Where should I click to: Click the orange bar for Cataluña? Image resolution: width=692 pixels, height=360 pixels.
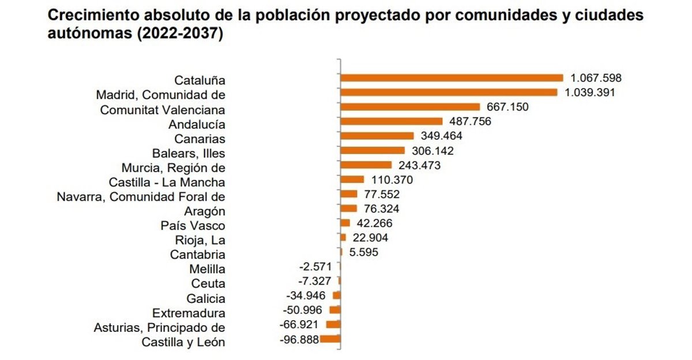[452, 78]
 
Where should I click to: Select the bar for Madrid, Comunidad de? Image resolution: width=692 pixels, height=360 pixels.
[449, 92]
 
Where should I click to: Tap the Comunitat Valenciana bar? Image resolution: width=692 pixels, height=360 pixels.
[410, 107]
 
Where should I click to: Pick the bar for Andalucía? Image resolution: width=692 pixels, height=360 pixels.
[392, 121]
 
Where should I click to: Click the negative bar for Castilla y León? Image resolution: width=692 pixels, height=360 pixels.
[330, 339]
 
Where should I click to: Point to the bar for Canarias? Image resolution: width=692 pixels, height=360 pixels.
[377, 136]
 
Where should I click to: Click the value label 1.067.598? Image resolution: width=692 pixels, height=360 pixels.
[596, 78]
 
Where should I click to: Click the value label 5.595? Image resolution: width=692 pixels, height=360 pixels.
[363, 252]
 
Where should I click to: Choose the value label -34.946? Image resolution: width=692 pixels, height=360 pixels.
[306, 296]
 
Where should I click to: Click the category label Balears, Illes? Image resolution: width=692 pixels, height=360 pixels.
[189, 153]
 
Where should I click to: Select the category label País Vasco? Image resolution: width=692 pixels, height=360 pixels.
[193, 226]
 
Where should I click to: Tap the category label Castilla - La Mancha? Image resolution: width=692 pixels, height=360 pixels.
[167, 183]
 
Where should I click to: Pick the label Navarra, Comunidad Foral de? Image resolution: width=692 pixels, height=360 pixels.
[141, 197]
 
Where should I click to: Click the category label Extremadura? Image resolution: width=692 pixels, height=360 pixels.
[189, 313]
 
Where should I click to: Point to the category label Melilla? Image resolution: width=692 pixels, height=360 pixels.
[207, 269]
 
